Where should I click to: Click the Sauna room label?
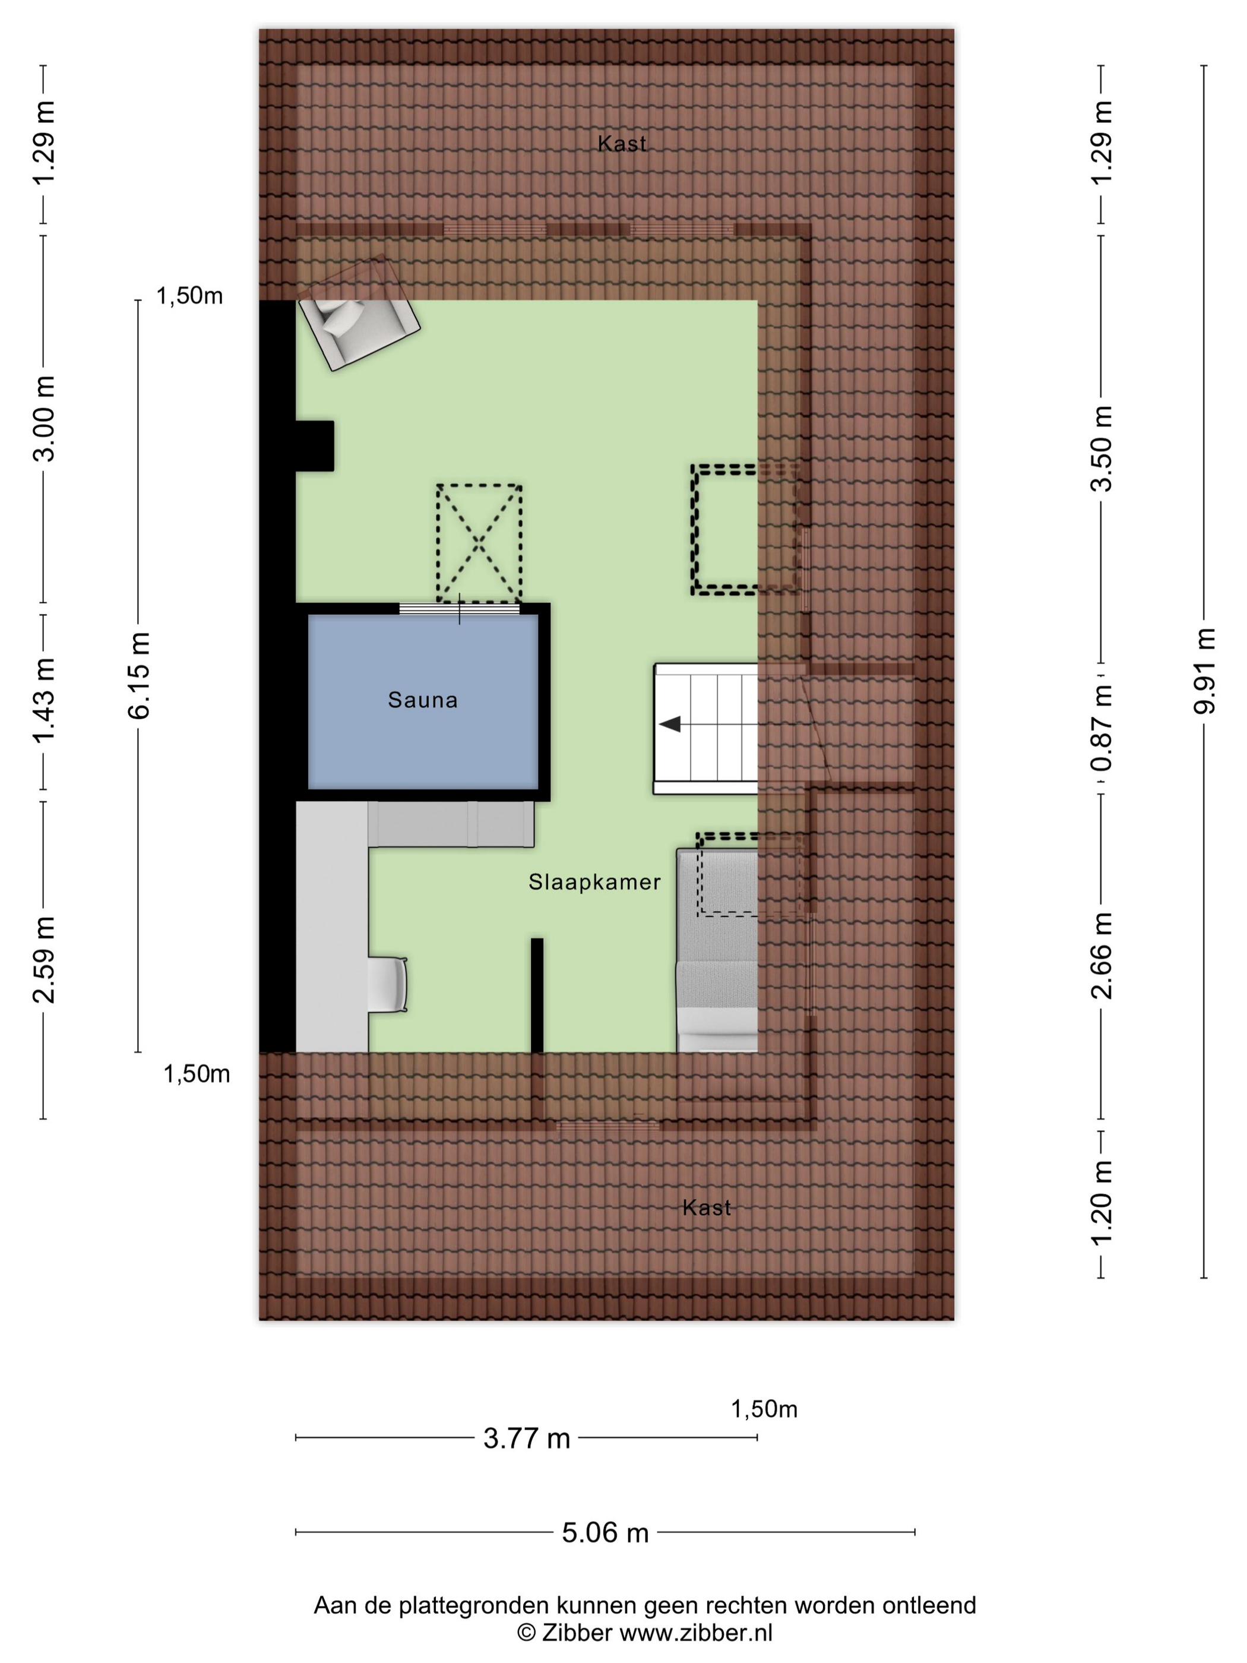pos(422,700)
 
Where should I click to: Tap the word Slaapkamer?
pos(594,882)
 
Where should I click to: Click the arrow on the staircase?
pos(670,724)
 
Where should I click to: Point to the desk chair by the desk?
pos(388,984)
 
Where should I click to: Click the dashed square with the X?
pos(479,543)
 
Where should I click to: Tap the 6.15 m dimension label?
pos(139,675)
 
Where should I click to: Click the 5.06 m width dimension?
pos(605,1531)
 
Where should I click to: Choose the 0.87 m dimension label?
pos(1102,727)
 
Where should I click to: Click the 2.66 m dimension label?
pos(1102,955)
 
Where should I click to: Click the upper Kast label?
pos(622,144)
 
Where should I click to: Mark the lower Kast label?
pos(707,1207)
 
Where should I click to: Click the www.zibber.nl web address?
pos(695,1632)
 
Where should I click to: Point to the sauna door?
pos(458,609)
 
